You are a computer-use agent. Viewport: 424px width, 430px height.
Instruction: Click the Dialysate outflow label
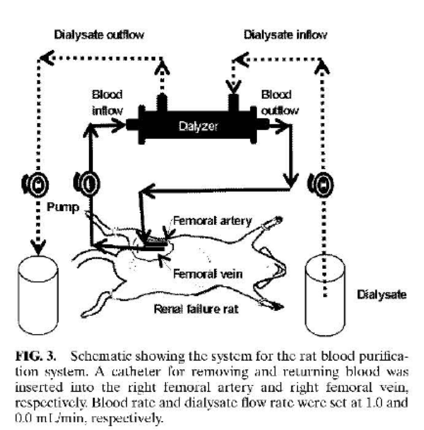pyautogui.click(x=99, y=35)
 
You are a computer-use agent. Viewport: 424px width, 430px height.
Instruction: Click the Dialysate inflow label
pyautogui.click(x=285, y=35)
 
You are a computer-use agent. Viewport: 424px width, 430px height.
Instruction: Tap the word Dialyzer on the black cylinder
pyautogui.click(x=198, y=126)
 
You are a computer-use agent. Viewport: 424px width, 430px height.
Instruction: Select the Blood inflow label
pyautogui.click(x=107, y=102)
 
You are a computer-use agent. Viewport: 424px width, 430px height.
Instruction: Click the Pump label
pyautogui.click(x=63, y=207)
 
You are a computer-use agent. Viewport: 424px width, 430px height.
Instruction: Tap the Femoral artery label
pyautogui.click(x=212, y=221)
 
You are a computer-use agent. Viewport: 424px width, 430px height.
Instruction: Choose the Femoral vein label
pyautogui.click(x=208, y=274)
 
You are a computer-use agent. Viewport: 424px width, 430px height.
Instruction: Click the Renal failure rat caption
pyautogui.click(x=196, y=309)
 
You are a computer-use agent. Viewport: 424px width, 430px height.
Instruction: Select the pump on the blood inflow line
pyautogui.click(x=87, y=184)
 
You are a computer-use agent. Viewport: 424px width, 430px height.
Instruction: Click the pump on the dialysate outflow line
pyautogui.click(x=35, y=184)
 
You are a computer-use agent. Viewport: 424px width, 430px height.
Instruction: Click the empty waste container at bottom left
pyautogui.click(x=38, y=295)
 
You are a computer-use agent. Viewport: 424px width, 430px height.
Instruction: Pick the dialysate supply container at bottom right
pyautogui.click(x=325, y=295)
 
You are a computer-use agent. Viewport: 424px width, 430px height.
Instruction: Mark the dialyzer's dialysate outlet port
pyautogui.click(x=162, y=102)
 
